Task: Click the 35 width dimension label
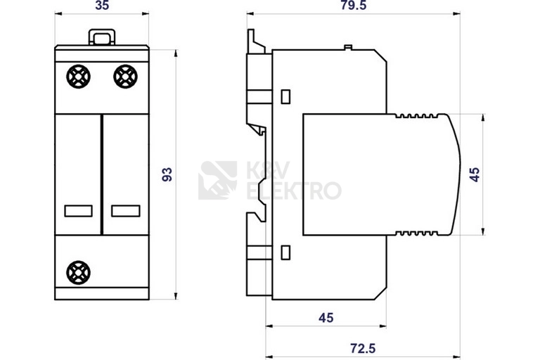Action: (x=102, y=6)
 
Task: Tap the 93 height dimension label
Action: (x=167, y=174)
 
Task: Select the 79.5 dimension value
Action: (x=354, y=6)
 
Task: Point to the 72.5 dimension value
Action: (x=363, y=348)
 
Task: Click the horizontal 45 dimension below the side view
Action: (x=326, y=318)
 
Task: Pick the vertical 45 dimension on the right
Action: (x=475, y=174)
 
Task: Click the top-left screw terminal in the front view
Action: (x=79, y=77)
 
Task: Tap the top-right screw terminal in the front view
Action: (x=125, y=77)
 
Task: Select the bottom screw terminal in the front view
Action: (x=79, y=273)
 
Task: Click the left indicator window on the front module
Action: (x=79, y=211)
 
